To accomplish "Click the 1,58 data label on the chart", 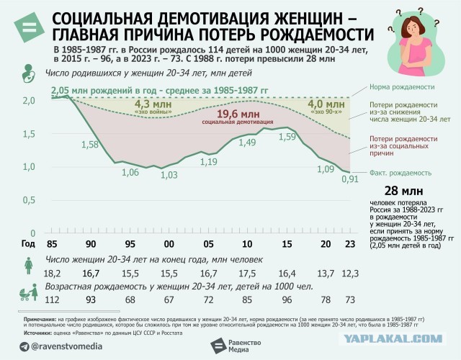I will (90, 145).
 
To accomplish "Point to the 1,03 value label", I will (169, 175).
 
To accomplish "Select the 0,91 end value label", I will (349, 179).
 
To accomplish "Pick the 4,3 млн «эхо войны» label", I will (153, 105).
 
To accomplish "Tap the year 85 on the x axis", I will (50, 243).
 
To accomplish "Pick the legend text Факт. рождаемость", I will (400, 173).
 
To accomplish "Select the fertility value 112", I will (52, 300).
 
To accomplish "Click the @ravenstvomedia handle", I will (66, 346).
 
